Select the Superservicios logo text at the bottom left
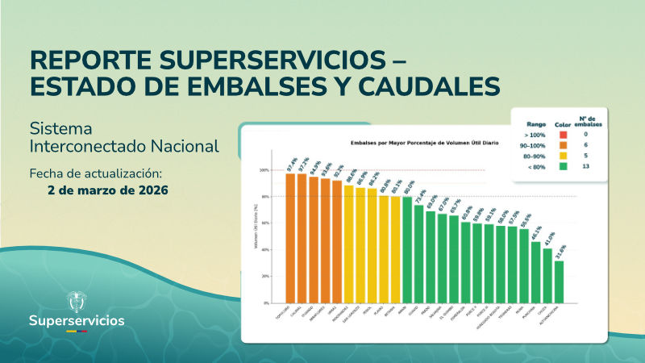tap(77, 320)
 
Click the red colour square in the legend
tap(563, 135)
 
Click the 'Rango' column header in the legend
tap(536, 123)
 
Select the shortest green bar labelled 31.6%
tap(559, 282)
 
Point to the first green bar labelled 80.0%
tap(407, 249)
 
